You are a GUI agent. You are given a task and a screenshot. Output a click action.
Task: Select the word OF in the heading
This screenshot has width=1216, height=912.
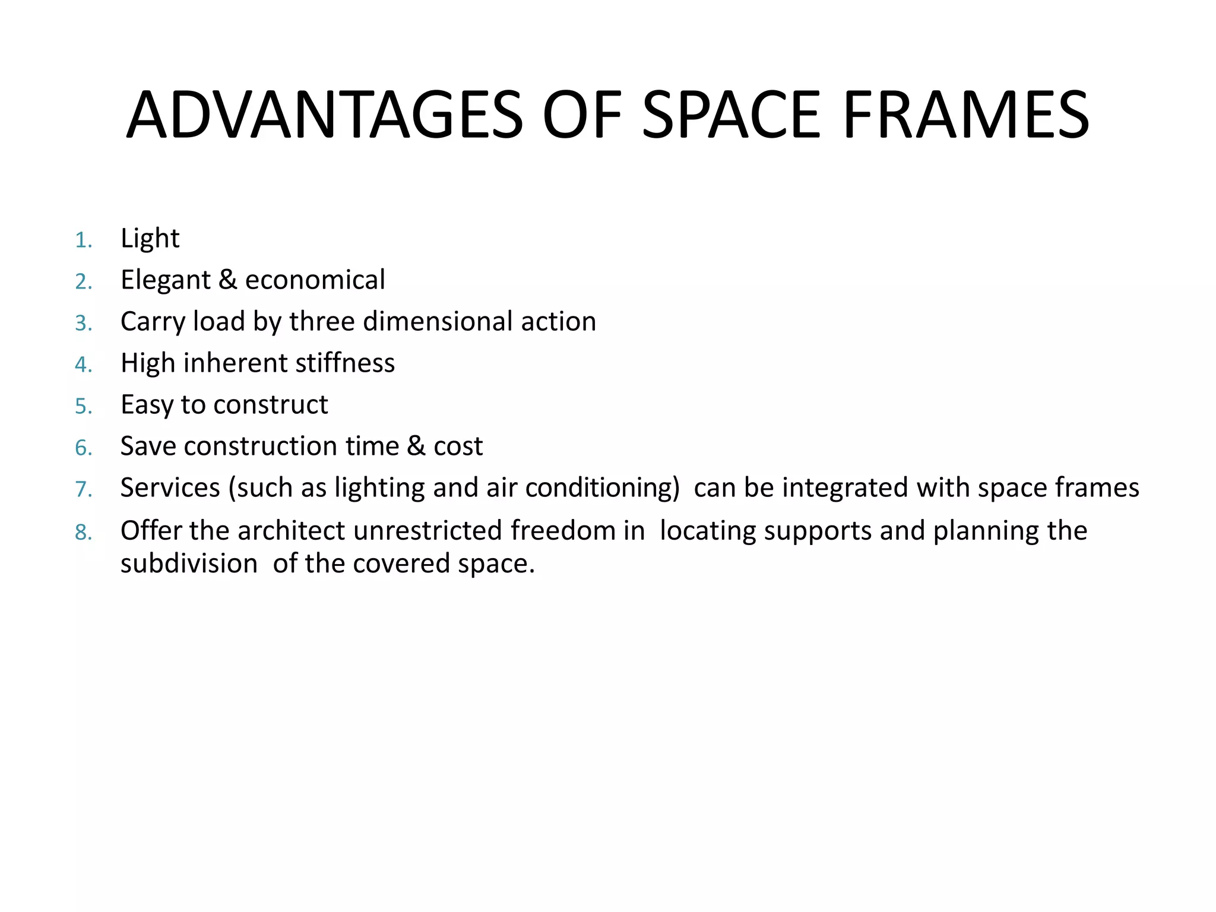[581, 115]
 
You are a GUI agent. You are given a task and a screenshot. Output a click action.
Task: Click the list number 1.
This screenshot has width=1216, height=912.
[83, 240]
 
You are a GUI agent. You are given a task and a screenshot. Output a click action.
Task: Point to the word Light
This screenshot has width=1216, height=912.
[150, 239]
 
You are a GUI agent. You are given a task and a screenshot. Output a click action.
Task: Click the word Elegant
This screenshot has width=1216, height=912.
[165, 280]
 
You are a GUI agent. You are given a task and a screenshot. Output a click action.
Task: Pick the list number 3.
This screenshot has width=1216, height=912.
[83, 324]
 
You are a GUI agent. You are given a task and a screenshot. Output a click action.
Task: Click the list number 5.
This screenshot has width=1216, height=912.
[83, 407]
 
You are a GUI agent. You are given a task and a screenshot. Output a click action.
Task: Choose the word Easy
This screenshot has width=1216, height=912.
[147, 406]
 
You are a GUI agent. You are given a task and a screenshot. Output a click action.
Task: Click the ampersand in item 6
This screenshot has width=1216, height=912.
[416, 446]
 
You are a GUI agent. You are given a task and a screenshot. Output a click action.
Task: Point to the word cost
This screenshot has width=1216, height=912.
[458, 446]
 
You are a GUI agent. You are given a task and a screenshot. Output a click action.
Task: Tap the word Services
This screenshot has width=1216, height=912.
[170, 488]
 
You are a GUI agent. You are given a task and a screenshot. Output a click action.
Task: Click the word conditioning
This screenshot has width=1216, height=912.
[602, 489]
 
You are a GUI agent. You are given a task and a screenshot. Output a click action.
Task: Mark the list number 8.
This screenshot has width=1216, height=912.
[83, 533]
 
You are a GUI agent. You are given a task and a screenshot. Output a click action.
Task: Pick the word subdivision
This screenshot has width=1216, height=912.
[189, 564]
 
